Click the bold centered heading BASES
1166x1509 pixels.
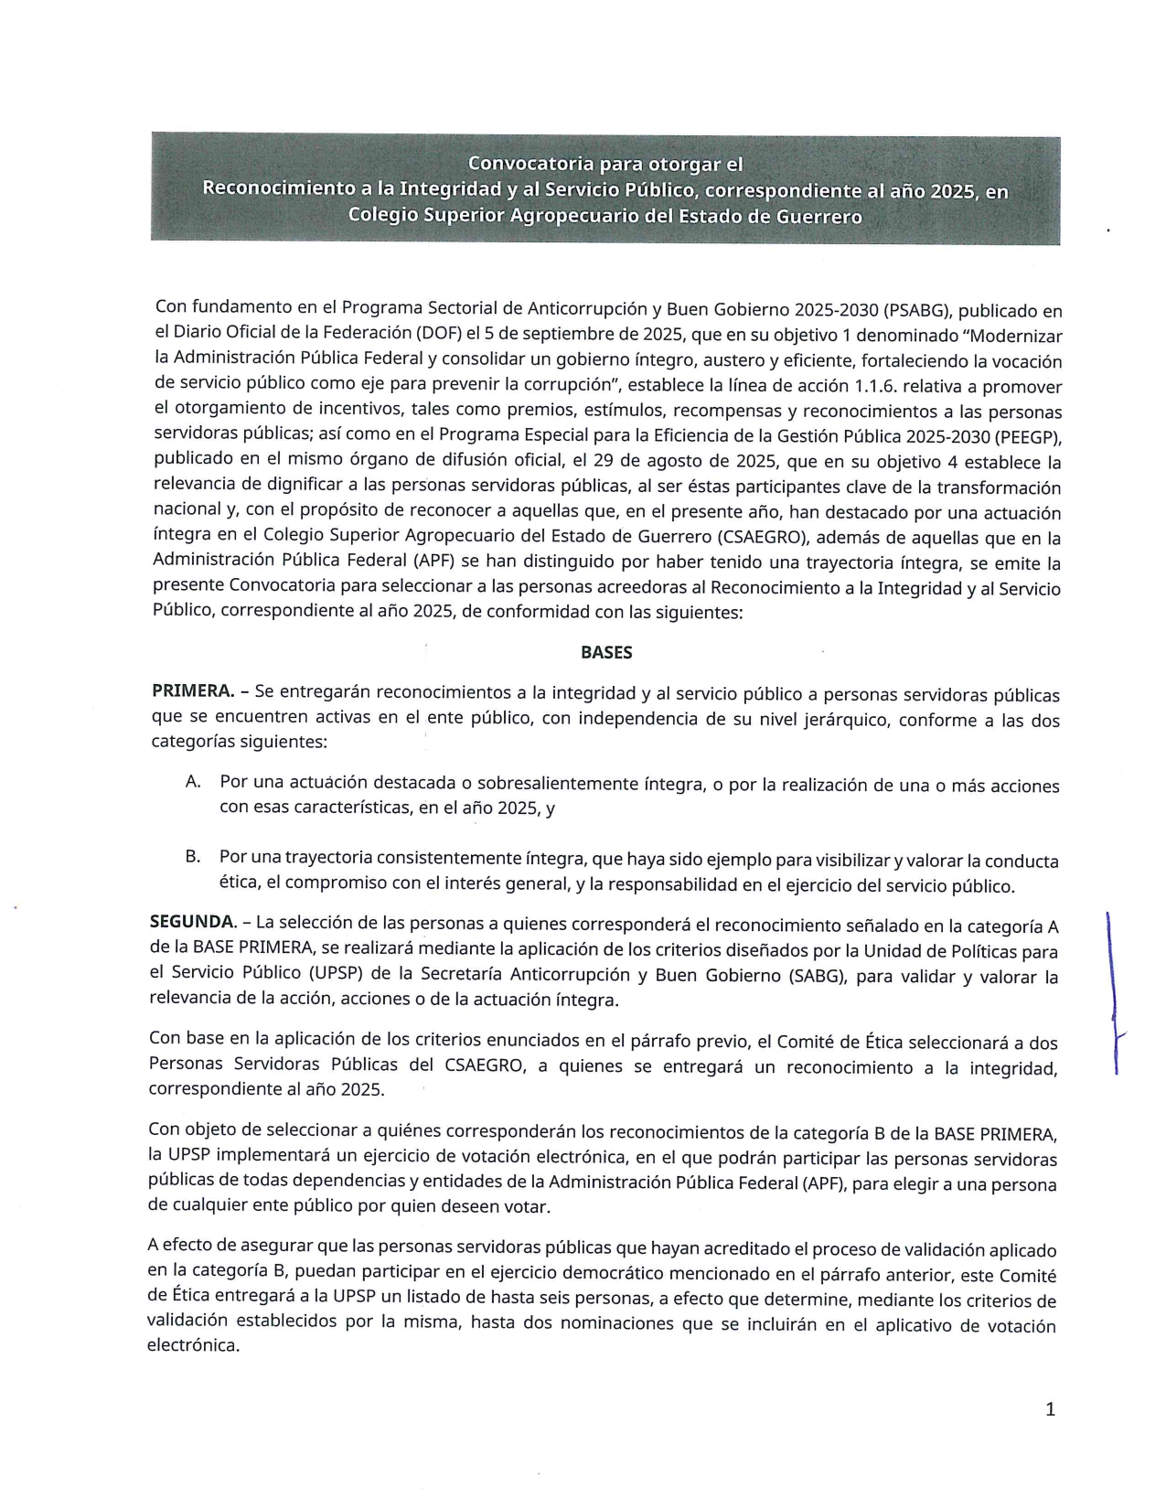[x=606, y=653]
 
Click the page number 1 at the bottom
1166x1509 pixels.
[x=1050, y=1409]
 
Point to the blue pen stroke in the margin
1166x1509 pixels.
[x=1113, y=992]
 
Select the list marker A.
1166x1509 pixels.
[x=193, y=782]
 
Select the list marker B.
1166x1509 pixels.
[x=193, y=857]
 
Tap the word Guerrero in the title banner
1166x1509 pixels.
[x=818, y=217]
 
